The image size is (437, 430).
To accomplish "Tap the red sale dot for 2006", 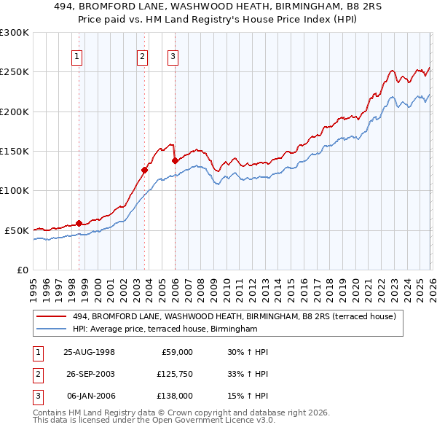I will tap(175, 160).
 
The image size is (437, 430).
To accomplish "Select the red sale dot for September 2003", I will tap(145, 171).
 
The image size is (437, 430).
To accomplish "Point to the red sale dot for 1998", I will tap(79, 223).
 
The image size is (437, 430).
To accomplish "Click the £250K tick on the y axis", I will tap(15, 72).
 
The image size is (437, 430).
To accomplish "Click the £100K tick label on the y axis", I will tap(15, 190).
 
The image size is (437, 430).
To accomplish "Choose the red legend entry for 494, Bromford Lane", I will tap(233, 316).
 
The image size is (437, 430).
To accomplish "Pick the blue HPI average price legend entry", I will tap(165, 329).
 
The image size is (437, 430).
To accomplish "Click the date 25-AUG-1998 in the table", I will tap(90, 352).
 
